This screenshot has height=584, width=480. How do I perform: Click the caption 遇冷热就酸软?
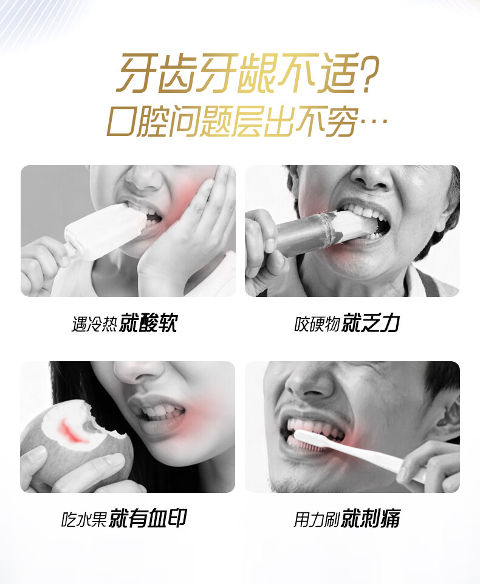(125, 322)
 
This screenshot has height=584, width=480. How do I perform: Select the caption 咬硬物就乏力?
(347, 322)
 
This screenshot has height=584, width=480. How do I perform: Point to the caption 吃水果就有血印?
(124, 518)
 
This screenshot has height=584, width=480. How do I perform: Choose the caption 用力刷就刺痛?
(346, 518)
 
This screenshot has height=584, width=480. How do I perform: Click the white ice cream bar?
(105, 230)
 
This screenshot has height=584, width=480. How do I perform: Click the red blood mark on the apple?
(74, 432)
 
